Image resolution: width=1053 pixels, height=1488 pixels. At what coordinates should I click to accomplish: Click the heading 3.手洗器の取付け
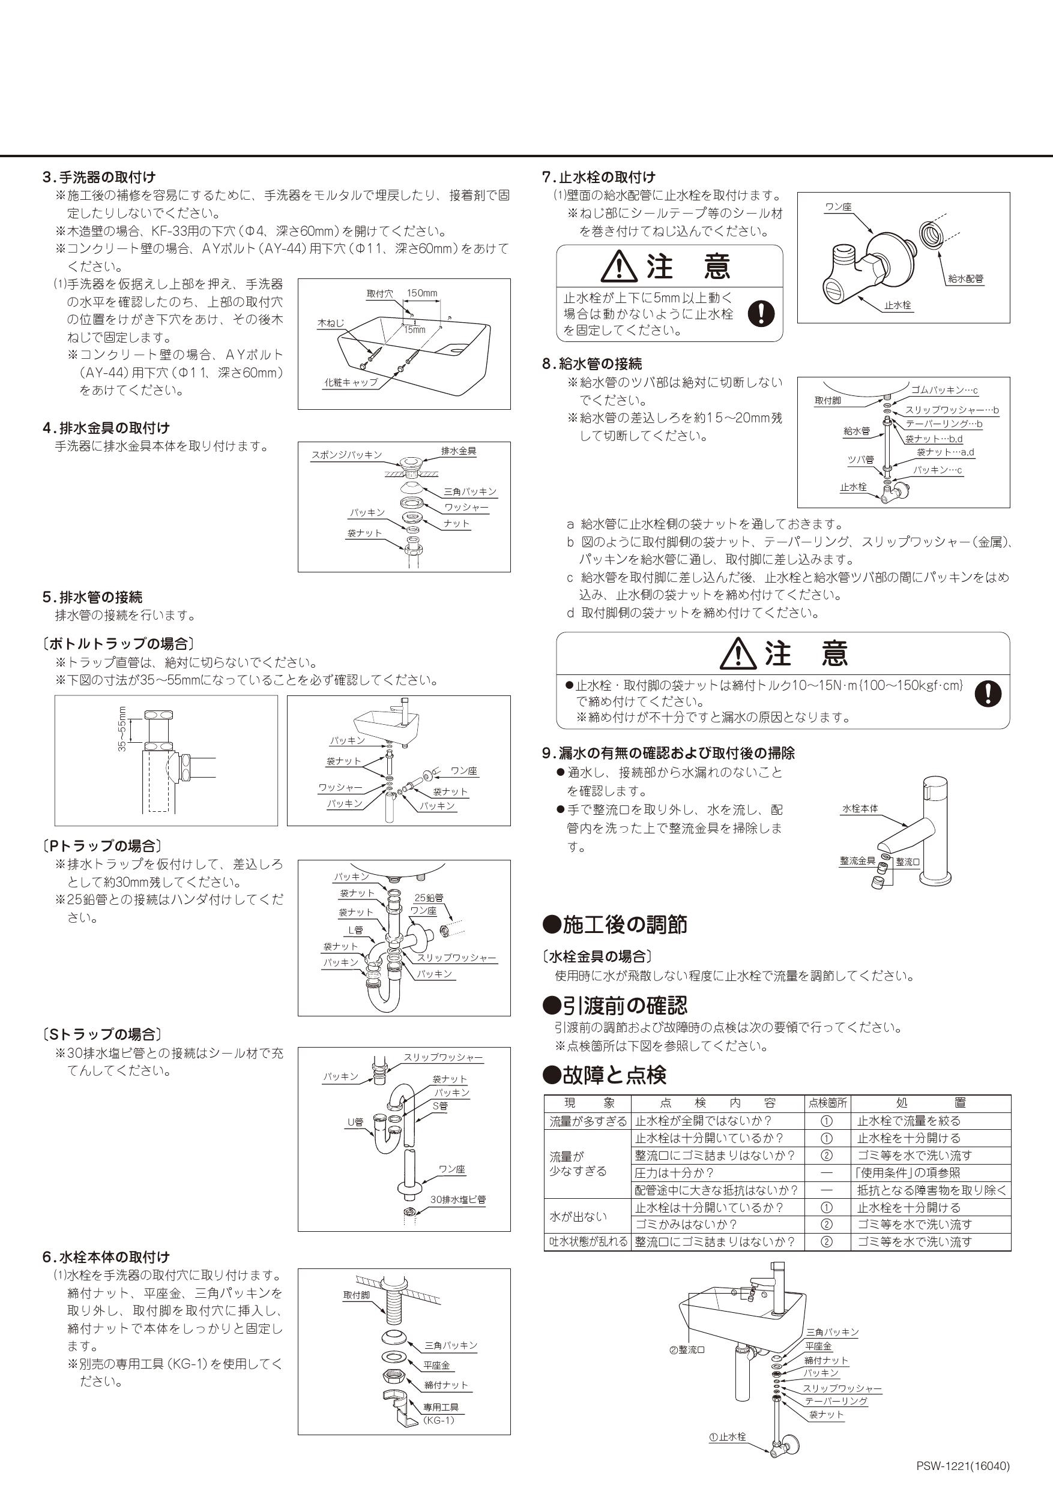tap(98, 177)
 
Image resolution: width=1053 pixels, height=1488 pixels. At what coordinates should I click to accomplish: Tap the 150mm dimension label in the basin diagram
tap(421, 293)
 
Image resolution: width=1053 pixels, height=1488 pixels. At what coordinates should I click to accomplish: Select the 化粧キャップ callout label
tap(351, 382)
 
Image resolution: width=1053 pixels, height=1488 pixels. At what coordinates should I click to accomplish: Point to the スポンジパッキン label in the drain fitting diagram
tap(346, 455)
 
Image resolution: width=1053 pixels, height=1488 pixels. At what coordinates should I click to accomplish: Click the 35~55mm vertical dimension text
tap(122, 728)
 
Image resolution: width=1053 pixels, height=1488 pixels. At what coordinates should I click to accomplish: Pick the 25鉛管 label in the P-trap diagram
tap(429, 898)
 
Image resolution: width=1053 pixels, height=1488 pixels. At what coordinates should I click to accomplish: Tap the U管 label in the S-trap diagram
tap(355, 1122)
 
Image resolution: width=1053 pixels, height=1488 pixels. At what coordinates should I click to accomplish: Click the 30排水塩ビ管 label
tap(458, 1199)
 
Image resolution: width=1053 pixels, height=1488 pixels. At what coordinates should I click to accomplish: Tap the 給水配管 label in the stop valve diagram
tap(965, 278)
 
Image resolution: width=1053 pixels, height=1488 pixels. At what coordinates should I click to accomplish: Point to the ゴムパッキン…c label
tap(944, 390)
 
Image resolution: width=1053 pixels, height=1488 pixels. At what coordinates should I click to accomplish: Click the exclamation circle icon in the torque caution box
tap(988, 694)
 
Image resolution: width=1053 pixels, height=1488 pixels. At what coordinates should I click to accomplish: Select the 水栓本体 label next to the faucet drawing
tap(860, 808)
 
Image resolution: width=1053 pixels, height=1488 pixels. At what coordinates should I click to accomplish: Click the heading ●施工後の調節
tap(615, 925)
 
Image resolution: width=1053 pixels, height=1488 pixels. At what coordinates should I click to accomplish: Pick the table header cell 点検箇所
tap(827, 1102)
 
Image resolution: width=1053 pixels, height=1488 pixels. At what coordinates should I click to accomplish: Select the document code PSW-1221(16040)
tap(963, 1466)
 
